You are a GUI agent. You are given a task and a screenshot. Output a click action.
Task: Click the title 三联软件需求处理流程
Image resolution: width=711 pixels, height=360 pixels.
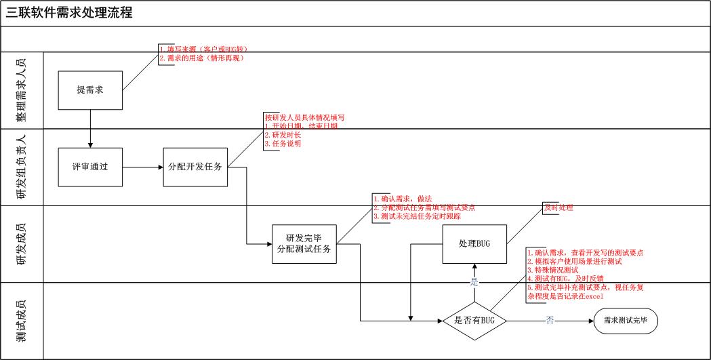pyautogui.click(x=69, y=12)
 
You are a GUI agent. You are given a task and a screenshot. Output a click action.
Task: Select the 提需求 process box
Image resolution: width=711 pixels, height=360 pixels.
pyautogui.click(x=89, y=91)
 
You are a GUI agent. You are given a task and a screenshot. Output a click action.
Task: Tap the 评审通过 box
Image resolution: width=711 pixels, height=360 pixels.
pyautogui.click(x=89, y=167)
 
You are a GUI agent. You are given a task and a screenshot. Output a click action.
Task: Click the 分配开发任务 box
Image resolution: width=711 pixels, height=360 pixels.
pyautogui.click(x=195, y=167)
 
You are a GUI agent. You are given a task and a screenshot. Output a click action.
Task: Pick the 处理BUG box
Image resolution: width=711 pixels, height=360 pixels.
pyautogui.click(x=474, y=243)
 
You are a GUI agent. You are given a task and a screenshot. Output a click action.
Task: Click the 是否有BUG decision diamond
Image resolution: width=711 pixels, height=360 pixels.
pyautogui.click(x=474, y=320)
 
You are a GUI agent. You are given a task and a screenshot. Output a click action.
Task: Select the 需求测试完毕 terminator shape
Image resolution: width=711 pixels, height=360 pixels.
pyautogui.click(x=625, y=320)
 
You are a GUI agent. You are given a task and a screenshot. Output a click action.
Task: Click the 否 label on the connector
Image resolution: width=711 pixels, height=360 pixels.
pyautogui.click(x=549, y=320)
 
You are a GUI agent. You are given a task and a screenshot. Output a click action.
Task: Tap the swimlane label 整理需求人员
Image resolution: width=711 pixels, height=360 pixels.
pyautogui.click(x=23, y=91)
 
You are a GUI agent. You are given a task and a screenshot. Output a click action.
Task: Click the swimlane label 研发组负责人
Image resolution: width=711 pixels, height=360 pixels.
pyautogui.click(x=23, y=167)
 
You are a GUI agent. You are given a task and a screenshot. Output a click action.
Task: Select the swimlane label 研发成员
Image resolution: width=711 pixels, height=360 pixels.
pyautogui.click(x=23, y=243)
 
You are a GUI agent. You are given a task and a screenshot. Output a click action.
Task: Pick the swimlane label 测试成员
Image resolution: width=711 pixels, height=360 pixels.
pyautogui.click(x=23, y=320)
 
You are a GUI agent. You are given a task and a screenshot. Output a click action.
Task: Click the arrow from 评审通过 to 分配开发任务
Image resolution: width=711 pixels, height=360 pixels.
pyautogui.click(x=143, y=167)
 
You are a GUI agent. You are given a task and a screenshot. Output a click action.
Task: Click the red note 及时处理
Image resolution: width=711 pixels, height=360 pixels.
pyautogui.click(x=558, y=207)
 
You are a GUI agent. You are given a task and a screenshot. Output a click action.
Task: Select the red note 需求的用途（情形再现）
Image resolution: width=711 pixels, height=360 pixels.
pyautogui.click(x=201, y=58)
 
